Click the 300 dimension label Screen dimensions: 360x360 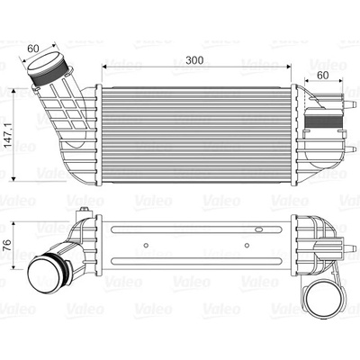tap(194, 60)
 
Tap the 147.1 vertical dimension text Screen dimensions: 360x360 tap(8, 134)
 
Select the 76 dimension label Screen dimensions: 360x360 tap(8, 245)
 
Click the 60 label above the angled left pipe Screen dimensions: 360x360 tap(33, 49)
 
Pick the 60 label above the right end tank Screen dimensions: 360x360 tap(323, 76)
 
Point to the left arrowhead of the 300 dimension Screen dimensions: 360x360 tap(104, 67)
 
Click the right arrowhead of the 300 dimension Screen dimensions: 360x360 tap(289, 67)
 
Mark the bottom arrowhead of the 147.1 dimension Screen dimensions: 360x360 tap(13, 179)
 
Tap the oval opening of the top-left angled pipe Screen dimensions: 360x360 tap(44, 62)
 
